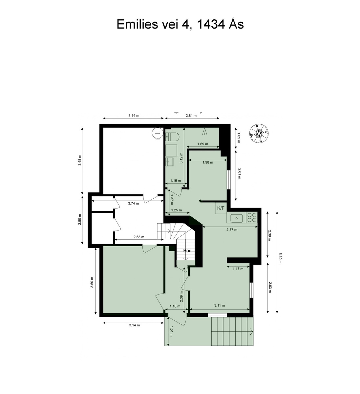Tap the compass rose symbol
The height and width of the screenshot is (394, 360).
(259, 134)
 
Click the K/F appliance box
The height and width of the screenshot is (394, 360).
(221, 208)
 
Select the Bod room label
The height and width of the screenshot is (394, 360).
(187, 251)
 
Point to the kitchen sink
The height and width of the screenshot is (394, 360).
(237, 218)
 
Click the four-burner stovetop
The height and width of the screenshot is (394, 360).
(252, 217)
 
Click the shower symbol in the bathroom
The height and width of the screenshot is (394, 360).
(205, 131)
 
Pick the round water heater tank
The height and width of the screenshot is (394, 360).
(157, 133)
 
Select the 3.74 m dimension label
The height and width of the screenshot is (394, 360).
(133, 204)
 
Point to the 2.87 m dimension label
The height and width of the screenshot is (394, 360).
(232, 230)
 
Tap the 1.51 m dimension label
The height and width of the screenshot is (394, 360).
(171, 331)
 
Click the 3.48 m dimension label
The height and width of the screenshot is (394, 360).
(79, 160)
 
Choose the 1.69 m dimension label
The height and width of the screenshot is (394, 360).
(203, 144)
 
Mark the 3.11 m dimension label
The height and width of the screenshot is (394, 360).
(219, 305)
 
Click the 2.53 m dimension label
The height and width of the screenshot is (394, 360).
(139, 237)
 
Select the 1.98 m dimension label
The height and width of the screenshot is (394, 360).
(208, 163)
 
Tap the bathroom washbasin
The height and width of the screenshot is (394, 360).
(169, 162)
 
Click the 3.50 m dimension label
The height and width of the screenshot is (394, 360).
(92, 282)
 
